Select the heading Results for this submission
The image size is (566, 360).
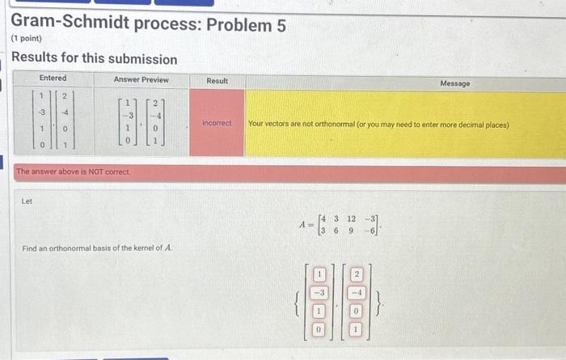click(94, 59)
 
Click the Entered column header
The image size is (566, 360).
click(53, 78)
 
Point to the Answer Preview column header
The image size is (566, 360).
click(141, 79)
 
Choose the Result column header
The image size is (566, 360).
click(217, 81)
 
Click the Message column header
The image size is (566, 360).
click(454, 83)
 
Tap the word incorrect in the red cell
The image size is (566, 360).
click(217, 124)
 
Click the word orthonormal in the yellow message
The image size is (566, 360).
click(332, 125)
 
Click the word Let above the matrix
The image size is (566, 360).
click(27, 201)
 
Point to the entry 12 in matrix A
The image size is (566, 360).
click(350, 218)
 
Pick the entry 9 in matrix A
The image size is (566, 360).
click(350, 230)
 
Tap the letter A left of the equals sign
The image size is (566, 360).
click(301, 224)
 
